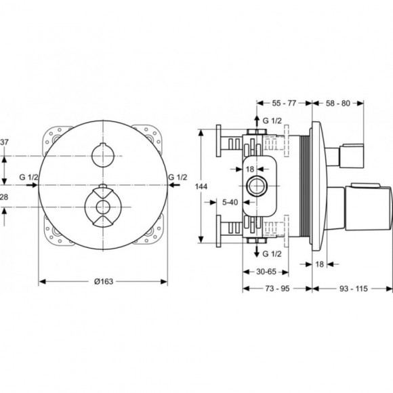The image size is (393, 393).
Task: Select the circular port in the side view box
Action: pyautogui.click(x=257, y=185)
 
